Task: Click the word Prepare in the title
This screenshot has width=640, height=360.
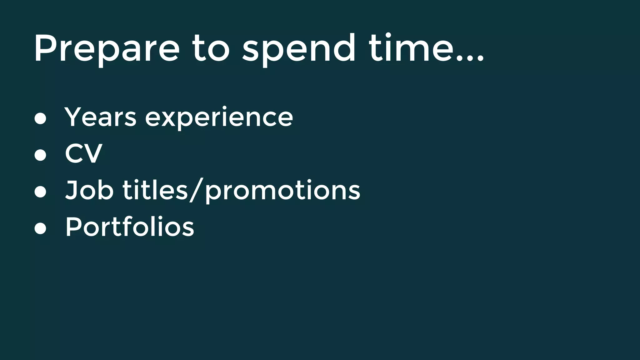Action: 107,49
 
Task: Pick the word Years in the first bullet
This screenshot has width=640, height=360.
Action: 100,117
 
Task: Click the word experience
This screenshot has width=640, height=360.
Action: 219,118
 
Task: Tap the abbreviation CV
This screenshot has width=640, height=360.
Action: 83,153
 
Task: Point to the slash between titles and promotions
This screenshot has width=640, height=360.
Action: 196,191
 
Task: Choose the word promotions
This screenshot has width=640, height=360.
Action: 283,191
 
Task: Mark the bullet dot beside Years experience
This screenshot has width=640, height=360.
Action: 40,118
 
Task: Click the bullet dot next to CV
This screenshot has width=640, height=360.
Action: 40,155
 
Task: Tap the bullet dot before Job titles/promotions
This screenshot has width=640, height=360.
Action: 40,192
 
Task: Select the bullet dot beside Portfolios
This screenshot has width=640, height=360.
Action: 40,228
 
